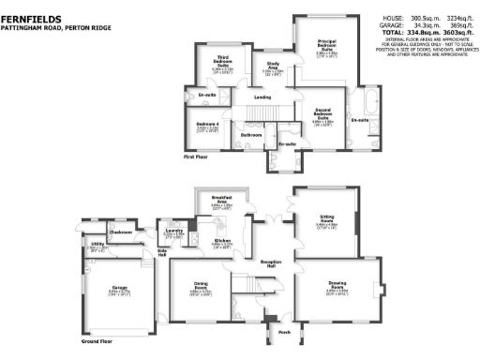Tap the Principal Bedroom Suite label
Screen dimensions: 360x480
point(327,43)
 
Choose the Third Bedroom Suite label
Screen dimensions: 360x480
point(217,65)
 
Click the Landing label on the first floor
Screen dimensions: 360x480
point(263,97)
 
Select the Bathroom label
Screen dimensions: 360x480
point(250,135)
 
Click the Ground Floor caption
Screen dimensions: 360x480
point(97,341)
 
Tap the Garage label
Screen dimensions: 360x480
point(119,287)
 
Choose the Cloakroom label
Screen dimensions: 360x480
point(119,231)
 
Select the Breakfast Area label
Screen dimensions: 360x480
point(222,199)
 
